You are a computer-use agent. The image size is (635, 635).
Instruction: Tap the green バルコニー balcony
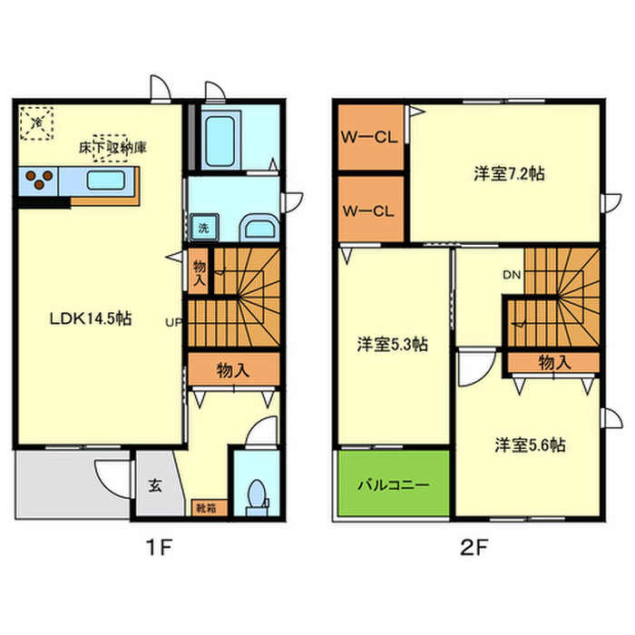point(393,484)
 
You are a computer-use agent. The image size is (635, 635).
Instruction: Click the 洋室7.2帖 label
point(508,172)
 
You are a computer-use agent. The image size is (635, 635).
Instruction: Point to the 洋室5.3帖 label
point(392,345)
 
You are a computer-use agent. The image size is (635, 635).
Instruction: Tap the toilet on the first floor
point(255,495)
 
